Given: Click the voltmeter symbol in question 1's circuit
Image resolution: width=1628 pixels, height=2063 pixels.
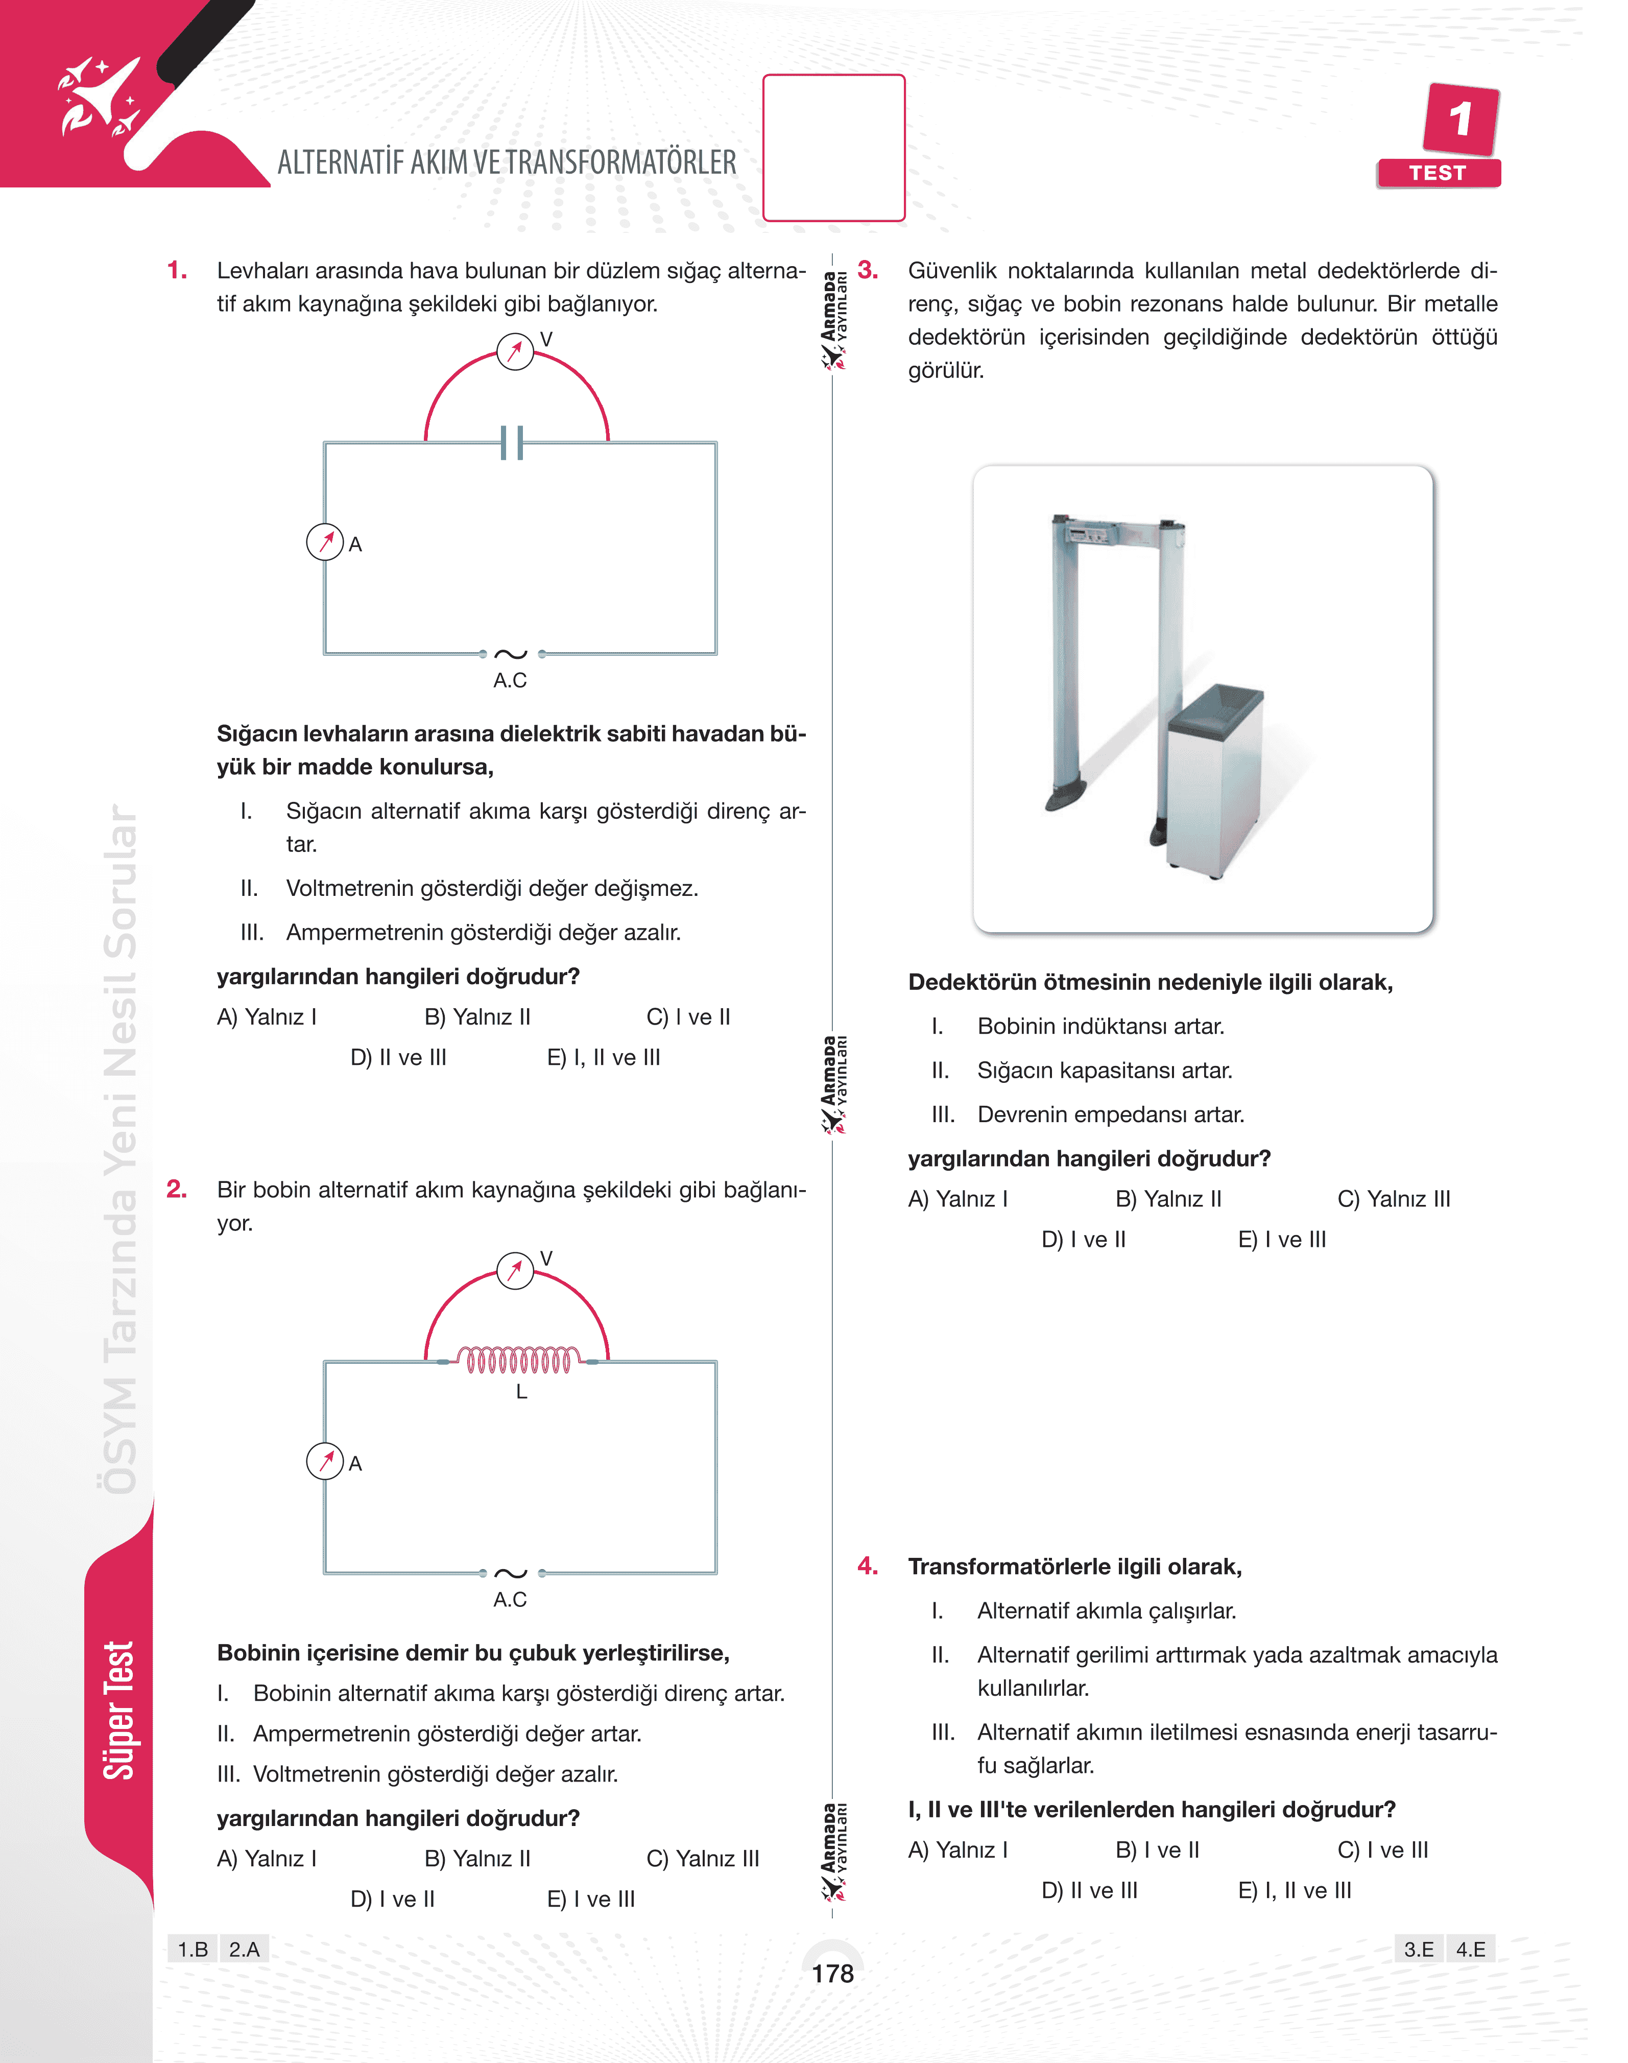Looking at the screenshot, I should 515,352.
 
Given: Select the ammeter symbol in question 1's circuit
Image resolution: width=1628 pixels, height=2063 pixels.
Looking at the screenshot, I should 325,542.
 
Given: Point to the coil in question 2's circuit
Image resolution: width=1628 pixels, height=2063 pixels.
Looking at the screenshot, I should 518,1360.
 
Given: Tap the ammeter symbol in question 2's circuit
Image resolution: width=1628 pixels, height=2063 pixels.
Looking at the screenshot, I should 325,1461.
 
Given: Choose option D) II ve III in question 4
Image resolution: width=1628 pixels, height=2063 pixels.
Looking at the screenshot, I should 1089,1890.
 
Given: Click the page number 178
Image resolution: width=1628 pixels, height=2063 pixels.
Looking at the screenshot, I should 832,1974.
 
